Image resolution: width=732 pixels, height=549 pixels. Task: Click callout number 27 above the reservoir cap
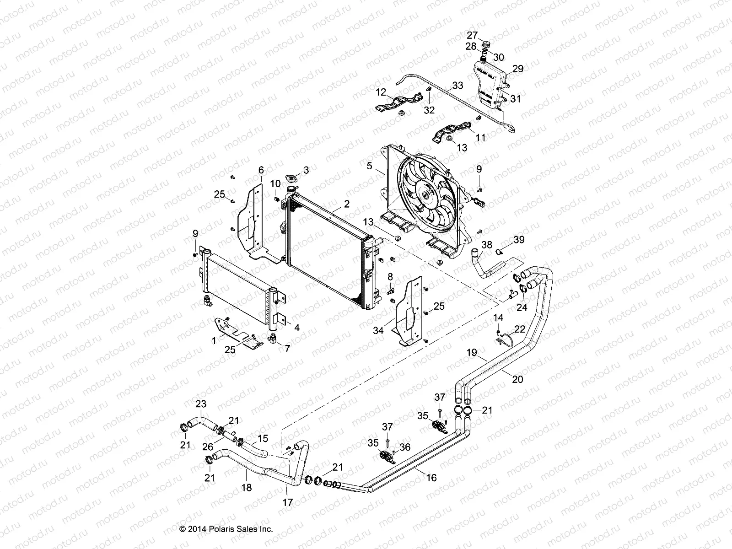[x=472, y=35]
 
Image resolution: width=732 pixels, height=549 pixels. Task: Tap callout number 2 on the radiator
[x=347, y=204]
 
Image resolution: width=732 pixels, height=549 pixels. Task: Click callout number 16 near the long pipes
[x=431, y=478]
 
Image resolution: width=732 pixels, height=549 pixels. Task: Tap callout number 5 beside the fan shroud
[x=369, y=166]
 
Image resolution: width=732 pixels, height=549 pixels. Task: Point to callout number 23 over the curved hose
[x=201, y=404]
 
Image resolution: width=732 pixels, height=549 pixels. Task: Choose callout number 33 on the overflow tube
[x=457, y=85]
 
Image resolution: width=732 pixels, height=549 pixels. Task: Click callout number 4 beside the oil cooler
[x=296, y=328]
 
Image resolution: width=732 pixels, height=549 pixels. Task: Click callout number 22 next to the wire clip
[x=520, y=329]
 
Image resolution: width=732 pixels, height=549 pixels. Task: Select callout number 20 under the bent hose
[x=517, y=379]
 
